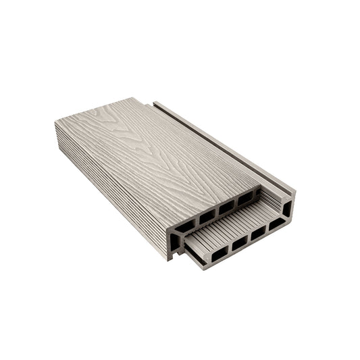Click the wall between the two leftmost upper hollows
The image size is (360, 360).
click(196, 221)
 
